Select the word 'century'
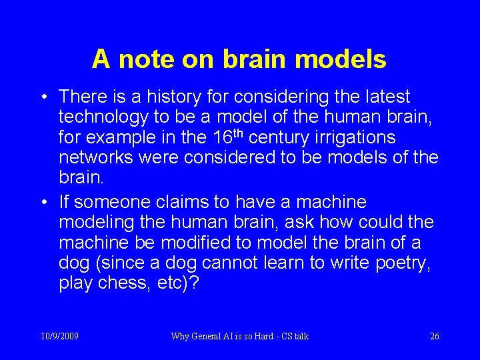tap(274, 138)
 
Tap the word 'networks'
tap(95, 158)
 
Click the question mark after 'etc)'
tap(194, 283)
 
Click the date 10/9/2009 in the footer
tap(59, 336)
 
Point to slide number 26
tap(435, 336)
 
